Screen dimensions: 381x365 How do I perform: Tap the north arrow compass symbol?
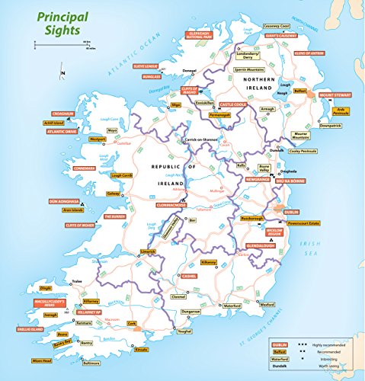(x=63, y=73)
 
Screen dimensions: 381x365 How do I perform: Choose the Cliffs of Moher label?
(x=84, y=225)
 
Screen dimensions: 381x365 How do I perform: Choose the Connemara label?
(x=85, y=167)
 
